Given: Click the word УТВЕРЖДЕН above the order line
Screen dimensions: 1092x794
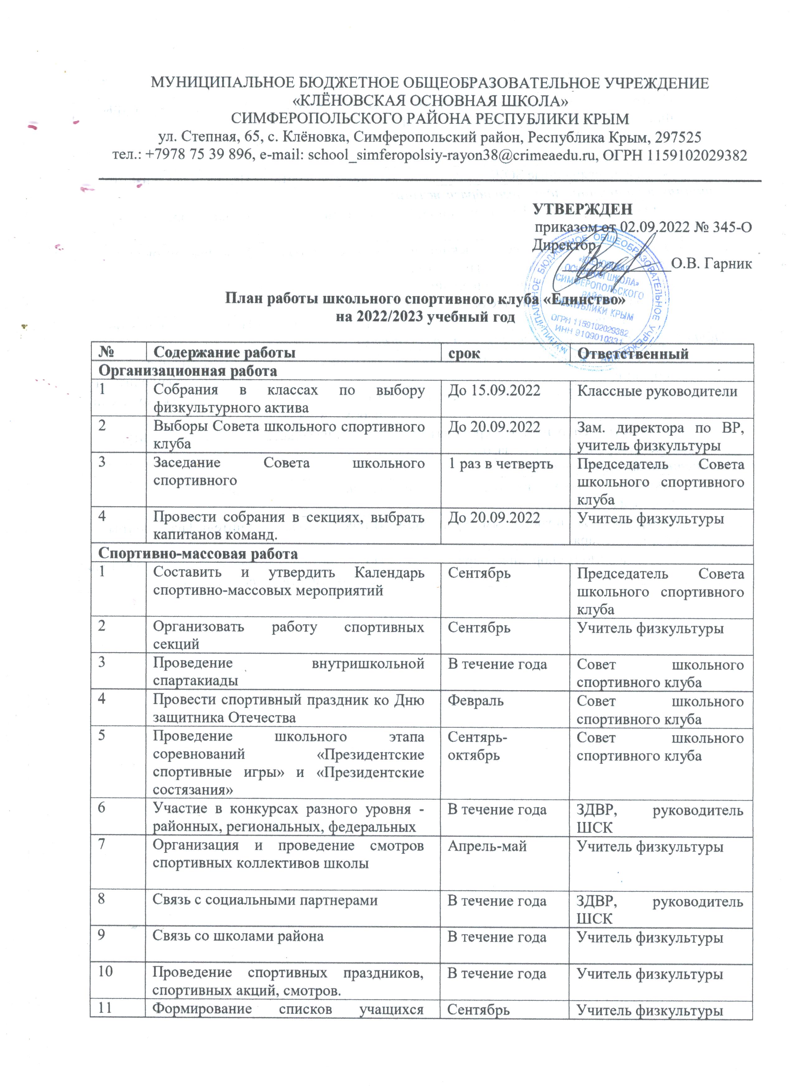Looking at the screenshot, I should click(582, 209).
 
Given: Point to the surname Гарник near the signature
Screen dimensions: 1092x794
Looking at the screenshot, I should click(728, 264).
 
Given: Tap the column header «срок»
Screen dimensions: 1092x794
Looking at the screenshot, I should click(464, 353).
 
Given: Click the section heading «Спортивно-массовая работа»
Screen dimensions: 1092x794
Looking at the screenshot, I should click(198, 554).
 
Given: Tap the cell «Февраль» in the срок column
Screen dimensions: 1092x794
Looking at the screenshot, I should click(475, 701).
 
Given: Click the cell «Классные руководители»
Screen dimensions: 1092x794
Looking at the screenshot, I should click(657, 391).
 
